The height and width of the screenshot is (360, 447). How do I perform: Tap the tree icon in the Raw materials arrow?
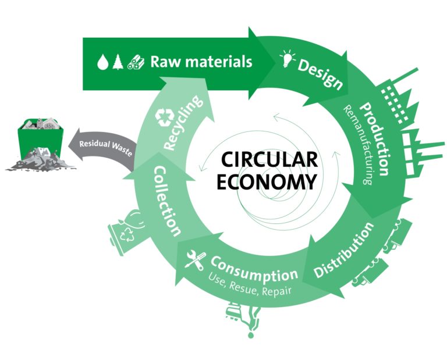118,62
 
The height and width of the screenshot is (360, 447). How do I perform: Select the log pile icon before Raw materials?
135,62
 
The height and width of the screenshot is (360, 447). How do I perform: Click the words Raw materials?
201,61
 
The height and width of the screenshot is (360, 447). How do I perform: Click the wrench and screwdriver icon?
193,259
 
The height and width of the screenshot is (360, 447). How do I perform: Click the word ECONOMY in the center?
267,182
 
